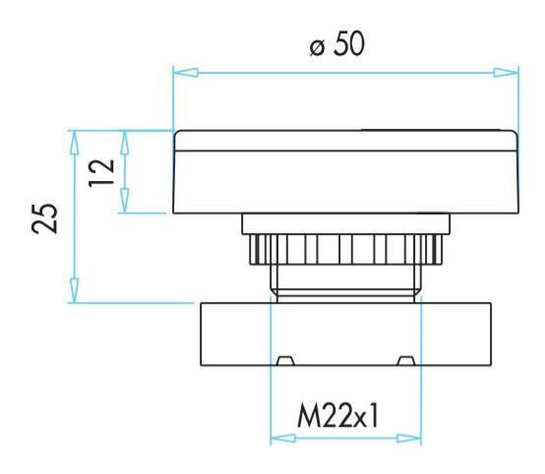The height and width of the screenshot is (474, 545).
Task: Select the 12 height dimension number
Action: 101,173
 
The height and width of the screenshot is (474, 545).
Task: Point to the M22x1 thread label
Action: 338,418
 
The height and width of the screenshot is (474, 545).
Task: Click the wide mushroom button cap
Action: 345,172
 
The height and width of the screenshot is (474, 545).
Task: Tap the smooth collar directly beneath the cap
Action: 345,224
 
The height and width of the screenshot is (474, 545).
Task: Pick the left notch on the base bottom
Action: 284,360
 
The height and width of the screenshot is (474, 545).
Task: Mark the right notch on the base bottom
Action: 405,360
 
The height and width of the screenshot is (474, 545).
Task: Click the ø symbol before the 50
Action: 316,47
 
